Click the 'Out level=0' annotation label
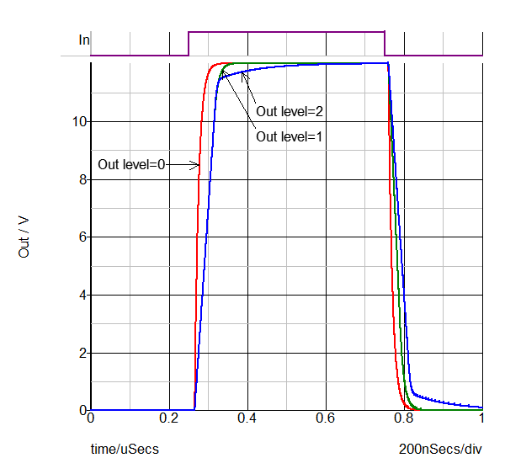click(132, 165)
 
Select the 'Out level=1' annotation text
click(290, 136)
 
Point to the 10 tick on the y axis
click(79, 121)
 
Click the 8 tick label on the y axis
click(82, 179)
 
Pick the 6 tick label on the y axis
click(82, 237)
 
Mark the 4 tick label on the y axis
click(82, 296)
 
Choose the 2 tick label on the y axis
click(82, 353)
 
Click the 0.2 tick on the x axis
click(169, 418)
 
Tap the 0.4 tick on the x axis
click(247, 418)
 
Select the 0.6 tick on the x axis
click(326, 418)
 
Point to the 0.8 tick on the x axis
click(404, 418)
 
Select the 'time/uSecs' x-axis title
click(125, 450)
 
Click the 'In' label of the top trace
click(83, 40)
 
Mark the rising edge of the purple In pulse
click(189, 44)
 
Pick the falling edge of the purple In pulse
click(385, 44)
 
